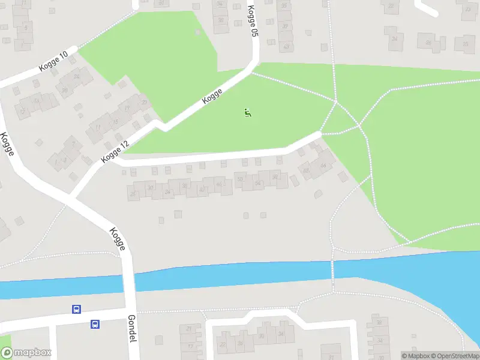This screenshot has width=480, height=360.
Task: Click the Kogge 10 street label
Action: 53,61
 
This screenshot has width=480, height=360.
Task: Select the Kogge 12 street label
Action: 115,151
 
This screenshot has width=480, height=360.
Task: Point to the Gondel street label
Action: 132,329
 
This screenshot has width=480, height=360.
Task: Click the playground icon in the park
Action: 248,112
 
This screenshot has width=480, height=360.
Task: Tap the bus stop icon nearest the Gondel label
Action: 95,324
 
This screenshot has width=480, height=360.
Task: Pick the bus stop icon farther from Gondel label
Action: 77,310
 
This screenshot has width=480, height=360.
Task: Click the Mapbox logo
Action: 25,353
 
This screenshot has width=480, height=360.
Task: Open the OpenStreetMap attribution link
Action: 455,356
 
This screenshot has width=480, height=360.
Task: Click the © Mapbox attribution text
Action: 416,356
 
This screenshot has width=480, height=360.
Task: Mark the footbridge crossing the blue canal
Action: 333,271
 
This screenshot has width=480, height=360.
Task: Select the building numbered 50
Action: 241,179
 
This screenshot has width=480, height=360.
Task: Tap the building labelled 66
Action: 325,164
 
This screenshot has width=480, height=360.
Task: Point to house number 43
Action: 287,47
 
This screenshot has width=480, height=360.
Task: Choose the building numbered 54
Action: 258,182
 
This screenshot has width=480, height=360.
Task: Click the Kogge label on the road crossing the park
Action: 212,96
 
